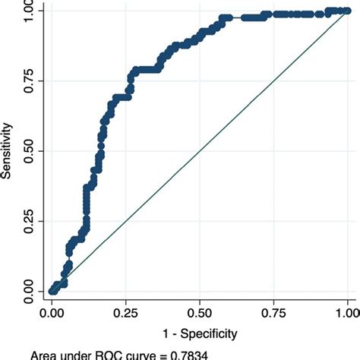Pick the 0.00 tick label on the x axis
52,311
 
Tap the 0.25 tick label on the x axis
126,311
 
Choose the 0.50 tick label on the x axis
200,311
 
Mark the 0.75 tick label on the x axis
274,311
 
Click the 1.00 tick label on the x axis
347,311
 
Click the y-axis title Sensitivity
7,151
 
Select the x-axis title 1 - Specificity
200,333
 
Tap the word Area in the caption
47,355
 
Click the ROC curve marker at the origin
52,291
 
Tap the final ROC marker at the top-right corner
348,11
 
